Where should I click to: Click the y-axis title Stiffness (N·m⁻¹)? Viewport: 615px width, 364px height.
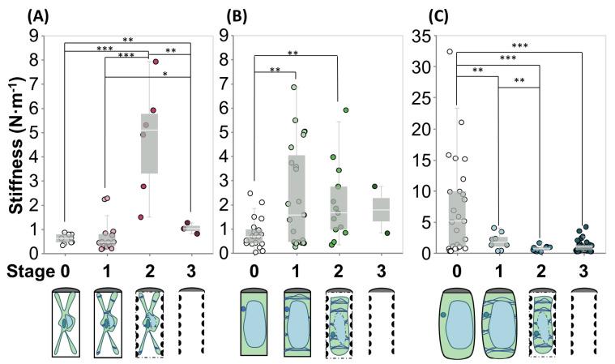tap(15, 143)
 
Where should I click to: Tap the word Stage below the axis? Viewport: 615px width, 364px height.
tap(26, 268)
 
